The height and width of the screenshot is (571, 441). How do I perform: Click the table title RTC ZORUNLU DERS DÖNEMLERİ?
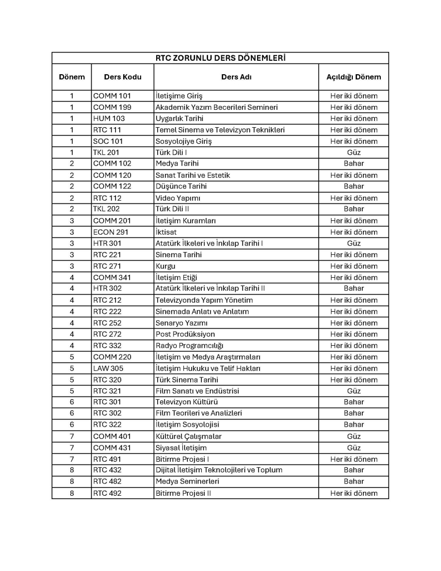220,57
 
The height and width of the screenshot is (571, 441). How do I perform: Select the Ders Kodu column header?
123,77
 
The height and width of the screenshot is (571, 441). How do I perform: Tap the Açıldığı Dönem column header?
353,77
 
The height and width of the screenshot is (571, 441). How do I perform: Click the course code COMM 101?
112,96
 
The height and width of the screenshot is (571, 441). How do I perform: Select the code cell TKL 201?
106,152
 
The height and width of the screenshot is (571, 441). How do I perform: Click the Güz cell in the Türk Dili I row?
353,152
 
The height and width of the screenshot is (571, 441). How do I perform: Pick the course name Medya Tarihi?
177,164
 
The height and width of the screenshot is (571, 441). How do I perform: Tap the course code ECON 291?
110,232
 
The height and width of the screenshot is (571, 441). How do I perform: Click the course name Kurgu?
165,266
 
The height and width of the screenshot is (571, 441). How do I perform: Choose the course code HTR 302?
107,288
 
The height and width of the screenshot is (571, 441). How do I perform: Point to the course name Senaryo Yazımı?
181,323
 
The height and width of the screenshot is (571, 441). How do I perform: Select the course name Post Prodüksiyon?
185,334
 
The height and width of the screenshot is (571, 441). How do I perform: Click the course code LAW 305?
108,368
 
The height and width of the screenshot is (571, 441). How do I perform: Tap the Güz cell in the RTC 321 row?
353,391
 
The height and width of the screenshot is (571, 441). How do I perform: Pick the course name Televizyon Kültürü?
186,402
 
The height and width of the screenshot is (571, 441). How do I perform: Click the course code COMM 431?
112,448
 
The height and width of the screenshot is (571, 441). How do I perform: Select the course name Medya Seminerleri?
187,482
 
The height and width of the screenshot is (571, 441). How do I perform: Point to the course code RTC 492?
107,493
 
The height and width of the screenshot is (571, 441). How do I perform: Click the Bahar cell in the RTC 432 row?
353,470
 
